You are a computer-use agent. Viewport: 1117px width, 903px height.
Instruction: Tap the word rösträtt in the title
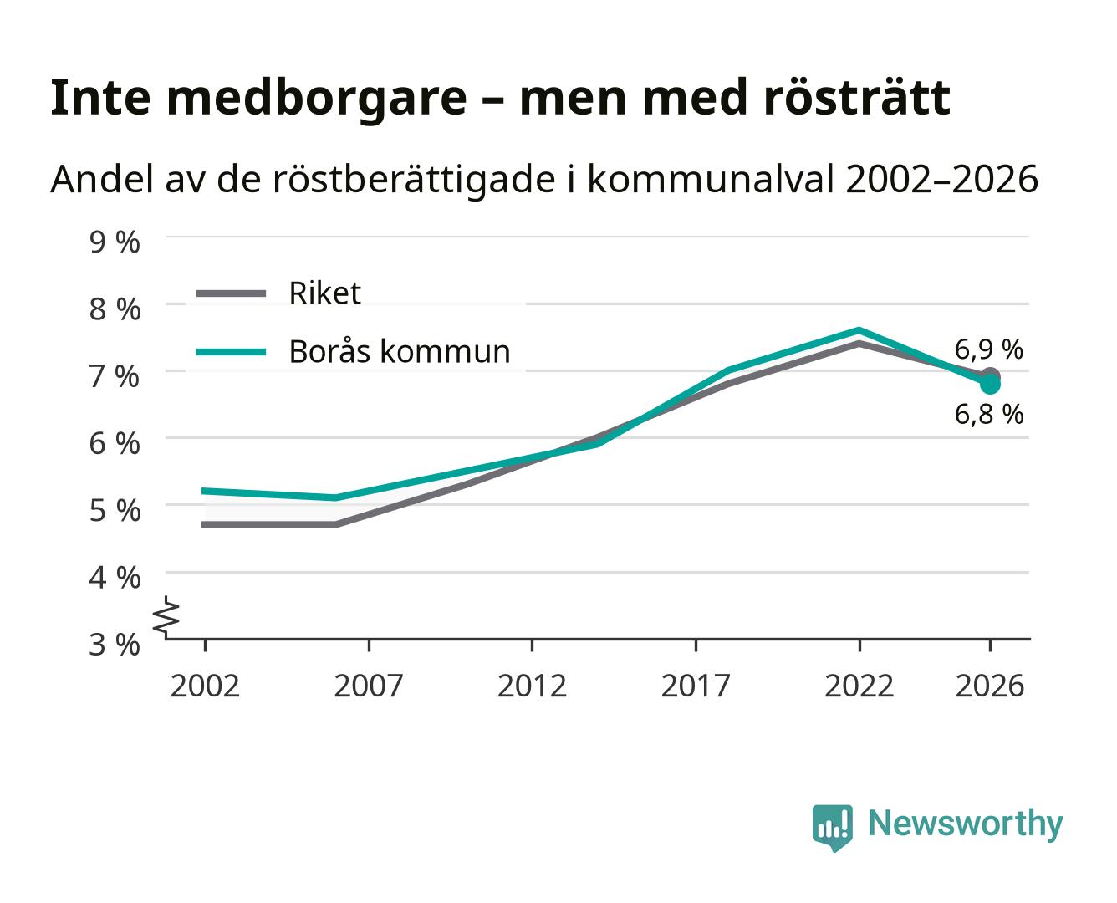tap(856, 97)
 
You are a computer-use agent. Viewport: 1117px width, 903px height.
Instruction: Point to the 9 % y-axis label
tap(115, 242)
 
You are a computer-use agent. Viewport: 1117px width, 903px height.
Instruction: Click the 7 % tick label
tap(115, 377)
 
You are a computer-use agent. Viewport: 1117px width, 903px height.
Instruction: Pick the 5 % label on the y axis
tap(115, 511)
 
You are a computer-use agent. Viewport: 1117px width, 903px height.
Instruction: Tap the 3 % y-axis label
tap(115, 645)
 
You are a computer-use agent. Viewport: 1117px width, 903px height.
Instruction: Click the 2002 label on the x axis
tap(205, 686)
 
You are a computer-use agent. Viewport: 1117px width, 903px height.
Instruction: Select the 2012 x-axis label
tap(533, 686)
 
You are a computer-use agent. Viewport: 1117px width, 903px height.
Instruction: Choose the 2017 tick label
tap(696, 686)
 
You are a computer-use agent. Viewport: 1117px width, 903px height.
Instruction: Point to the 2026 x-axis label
tap(990, 686)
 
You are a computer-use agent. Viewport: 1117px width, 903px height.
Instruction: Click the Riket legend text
tap(325, 293)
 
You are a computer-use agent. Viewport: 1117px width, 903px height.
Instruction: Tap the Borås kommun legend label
tap(400, 351)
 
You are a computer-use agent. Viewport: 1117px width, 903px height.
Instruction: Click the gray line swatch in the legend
tap(232, 293)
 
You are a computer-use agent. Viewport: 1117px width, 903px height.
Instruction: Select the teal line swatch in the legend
tap(232, 352)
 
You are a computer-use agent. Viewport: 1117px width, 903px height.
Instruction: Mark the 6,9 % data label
tap(989, 349)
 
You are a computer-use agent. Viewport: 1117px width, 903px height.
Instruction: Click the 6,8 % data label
tap(989, 414)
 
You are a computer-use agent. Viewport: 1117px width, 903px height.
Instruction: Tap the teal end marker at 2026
tap(990, 385)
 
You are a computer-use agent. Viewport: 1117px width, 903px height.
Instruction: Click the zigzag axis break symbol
tap(166, 617)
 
